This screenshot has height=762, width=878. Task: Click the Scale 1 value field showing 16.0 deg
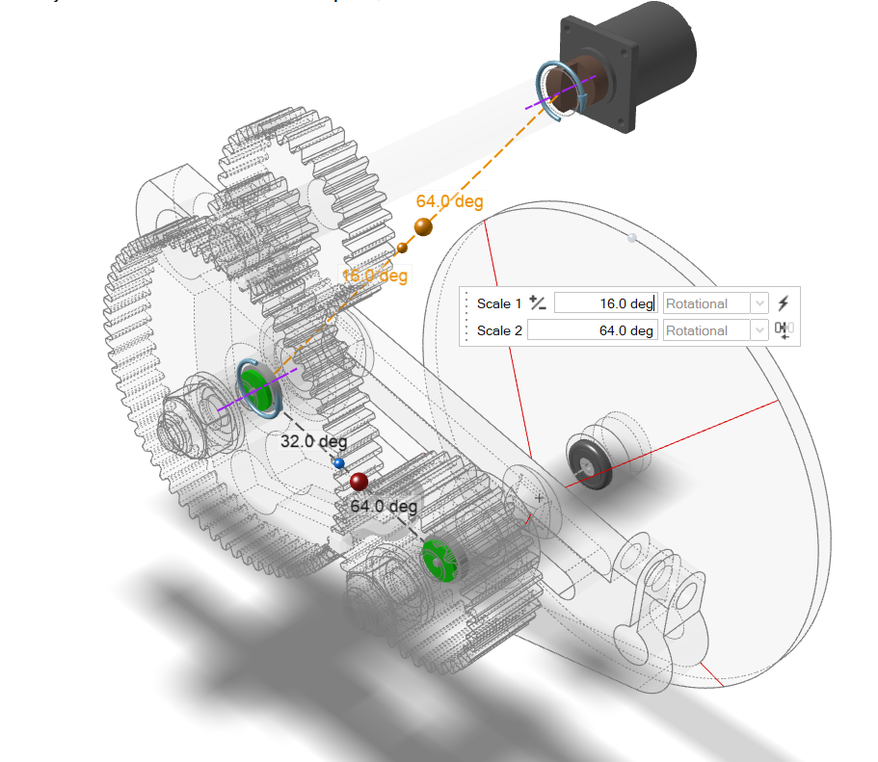point(605,303)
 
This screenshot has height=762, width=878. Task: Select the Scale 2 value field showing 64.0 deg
point(605,330)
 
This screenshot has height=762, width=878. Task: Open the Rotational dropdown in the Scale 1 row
point(715,303)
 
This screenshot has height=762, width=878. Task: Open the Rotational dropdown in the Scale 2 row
point(715,330)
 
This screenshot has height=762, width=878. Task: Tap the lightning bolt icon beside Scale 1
point(784,303)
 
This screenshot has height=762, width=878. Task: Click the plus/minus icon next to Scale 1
point(538,303)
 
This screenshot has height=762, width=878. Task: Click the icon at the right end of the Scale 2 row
point(784,330)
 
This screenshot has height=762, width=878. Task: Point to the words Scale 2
point(499,330)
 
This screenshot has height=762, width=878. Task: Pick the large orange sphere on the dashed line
point(423,228)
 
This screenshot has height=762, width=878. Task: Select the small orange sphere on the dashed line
point(402,249)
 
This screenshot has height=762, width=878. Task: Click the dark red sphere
point(359,482)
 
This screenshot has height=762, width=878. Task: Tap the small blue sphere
point(338,464)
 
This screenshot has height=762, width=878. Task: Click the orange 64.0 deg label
point(449,201)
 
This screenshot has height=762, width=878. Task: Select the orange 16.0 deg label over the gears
point(375,276)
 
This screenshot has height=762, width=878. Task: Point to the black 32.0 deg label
point(313,442)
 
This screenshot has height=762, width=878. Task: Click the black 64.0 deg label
point(384,506)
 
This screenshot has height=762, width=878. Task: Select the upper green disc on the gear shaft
point(255,385)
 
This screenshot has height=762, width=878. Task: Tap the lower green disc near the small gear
point(439,560)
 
